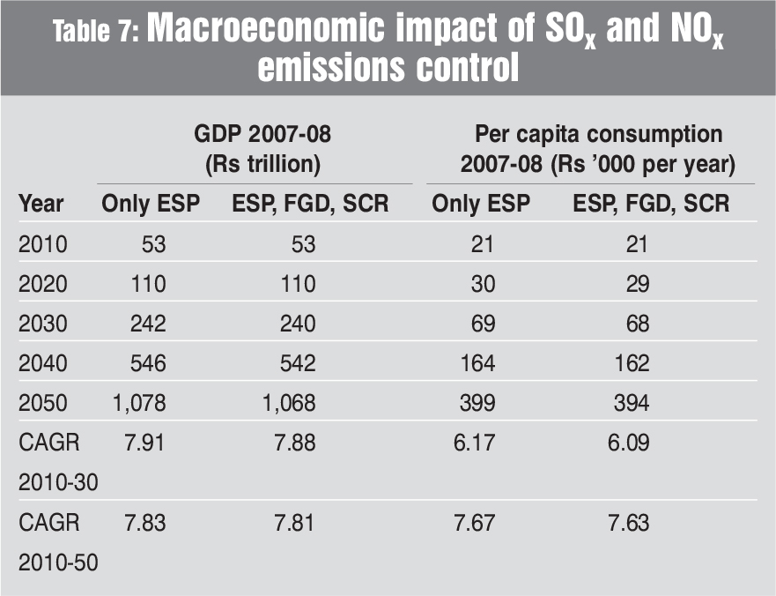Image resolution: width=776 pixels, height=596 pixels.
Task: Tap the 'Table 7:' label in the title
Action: pos(96,34)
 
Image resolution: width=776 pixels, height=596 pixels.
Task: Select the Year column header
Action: pos(41,204)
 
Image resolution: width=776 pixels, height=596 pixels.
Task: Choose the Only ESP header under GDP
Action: pos(151,204)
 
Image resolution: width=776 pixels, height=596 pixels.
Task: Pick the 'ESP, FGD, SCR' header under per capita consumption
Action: pos(651,204)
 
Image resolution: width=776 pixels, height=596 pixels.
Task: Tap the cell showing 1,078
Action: pos(139,403)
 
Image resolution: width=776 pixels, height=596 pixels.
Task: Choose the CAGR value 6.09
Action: pos(629,443)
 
